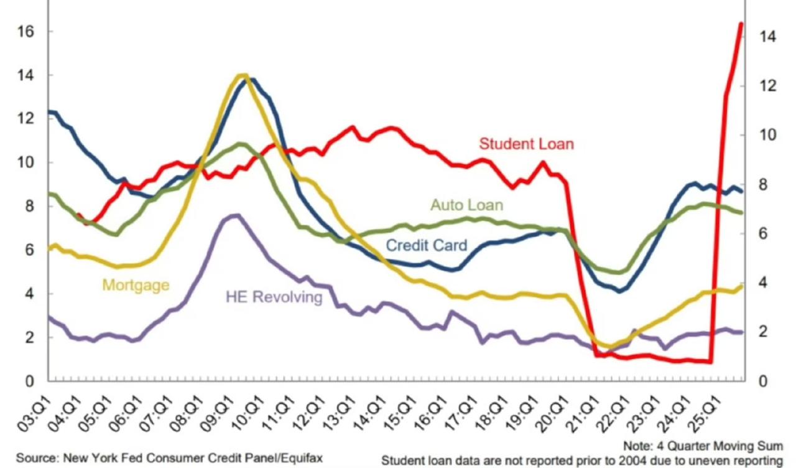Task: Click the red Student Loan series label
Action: [x=526, y=144]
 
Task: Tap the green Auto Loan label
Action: [x=466, y=205]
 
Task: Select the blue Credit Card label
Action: [x=426, y=245]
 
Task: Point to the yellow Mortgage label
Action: [x=136, y=285]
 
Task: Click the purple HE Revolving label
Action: [x=274, y=297]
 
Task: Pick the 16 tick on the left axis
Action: [x=26, y=32]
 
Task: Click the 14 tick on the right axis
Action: [x=768, y=37]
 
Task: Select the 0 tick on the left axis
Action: [x=29, y=381]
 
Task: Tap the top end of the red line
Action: [x=741, y=24]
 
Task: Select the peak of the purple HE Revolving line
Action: [x=236, y=215]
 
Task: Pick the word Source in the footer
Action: [x=35, y=459]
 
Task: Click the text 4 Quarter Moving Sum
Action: [x=719, y=446]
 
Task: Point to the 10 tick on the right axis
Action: [x=768, y=135]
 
